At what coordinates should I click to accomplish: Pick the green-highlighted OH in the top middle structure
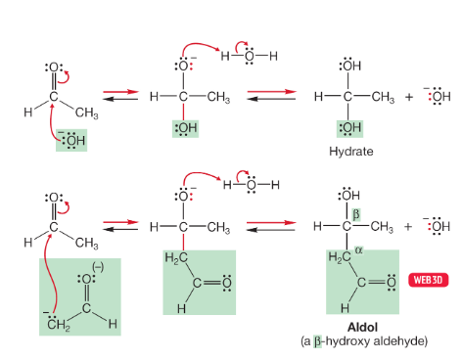tap(184, 128)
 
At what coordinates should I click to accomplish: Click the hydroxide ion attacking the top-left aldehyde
tap(71, 143)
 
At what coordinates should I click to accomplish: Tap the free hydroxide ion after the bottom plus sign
tap(434, 227)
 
